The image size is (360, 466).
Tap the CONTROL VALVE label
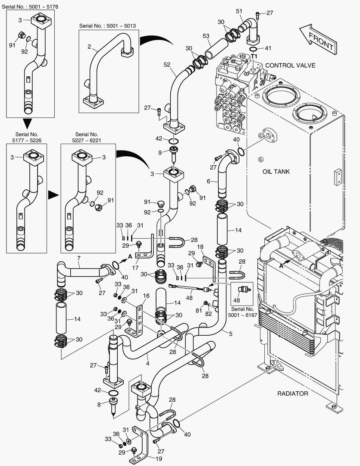coord(290,66)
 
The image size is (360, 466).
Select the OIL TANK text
coord(276,172)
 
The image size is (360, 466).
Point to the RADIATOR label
coord(292,394)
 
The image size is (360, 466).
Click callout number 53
coord(206,35)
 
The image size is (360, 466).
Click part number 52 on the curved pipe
coord(167,64)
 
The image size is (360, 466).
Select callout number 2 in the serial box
coord(89,47)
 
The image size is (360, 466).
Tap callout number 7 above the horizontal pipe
coord(79,258)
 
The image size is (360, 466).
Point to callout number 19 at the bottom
coord(159,459)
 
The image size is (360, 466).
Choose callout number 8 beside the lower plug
coord(99,405)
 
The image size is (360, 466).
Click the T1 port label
coord(254,57)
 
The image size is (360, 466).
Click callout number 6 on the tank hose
coord(208,182)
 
